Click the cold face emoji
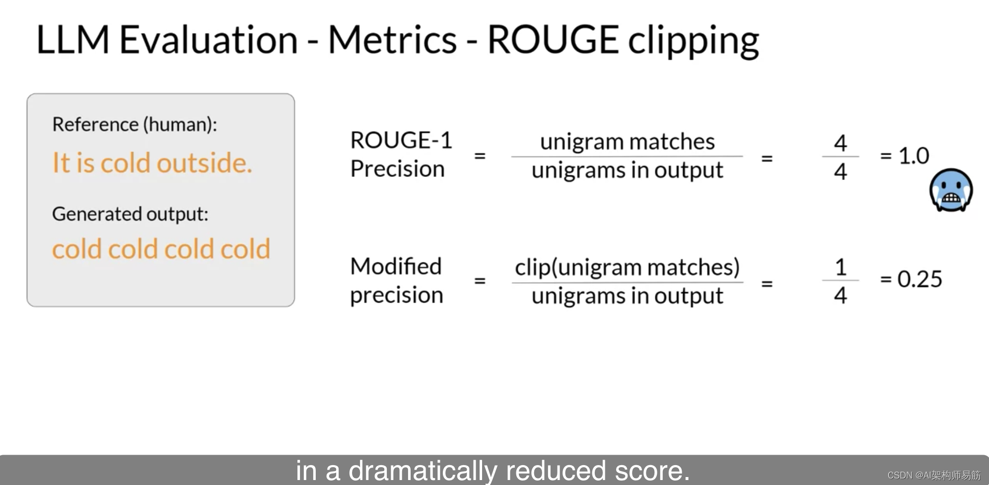pyautogui.click(x=951, y=190)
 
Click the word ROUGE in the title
pyautogui.click(x=553, y=40)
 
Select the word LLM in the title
pyautogui.click(x=72, y=40)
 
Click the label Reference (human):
pyautogui.click(x=135, y=124)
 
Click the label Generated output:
pyautogui.click(x=130, y=214)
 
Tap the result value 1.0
pyautogui.click(x=914, y=156)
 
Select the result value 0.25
pyautogui.click(x=919, y=279)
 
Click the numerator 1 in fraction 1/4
pyautogui.click(x=841, y=267)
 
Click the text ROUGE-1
pyautogui.click(x=401, y=140)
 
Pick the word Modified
pyautogui.click(x=396, y=266)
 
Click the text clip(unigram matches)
pyautogui.click(x=627, y=267)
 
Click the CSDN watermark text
pyautogui.click(x=933, y=475)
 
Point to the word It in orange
pyautogui.click(x=62, y=163)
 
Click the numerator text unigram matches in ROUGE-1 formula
pyautogui.click(x=627, y=142)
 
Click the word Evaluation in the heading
pyautogui.click(x=209, y=40)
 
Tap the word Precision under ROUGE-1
pyautogui.click(x=397, y=169)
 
